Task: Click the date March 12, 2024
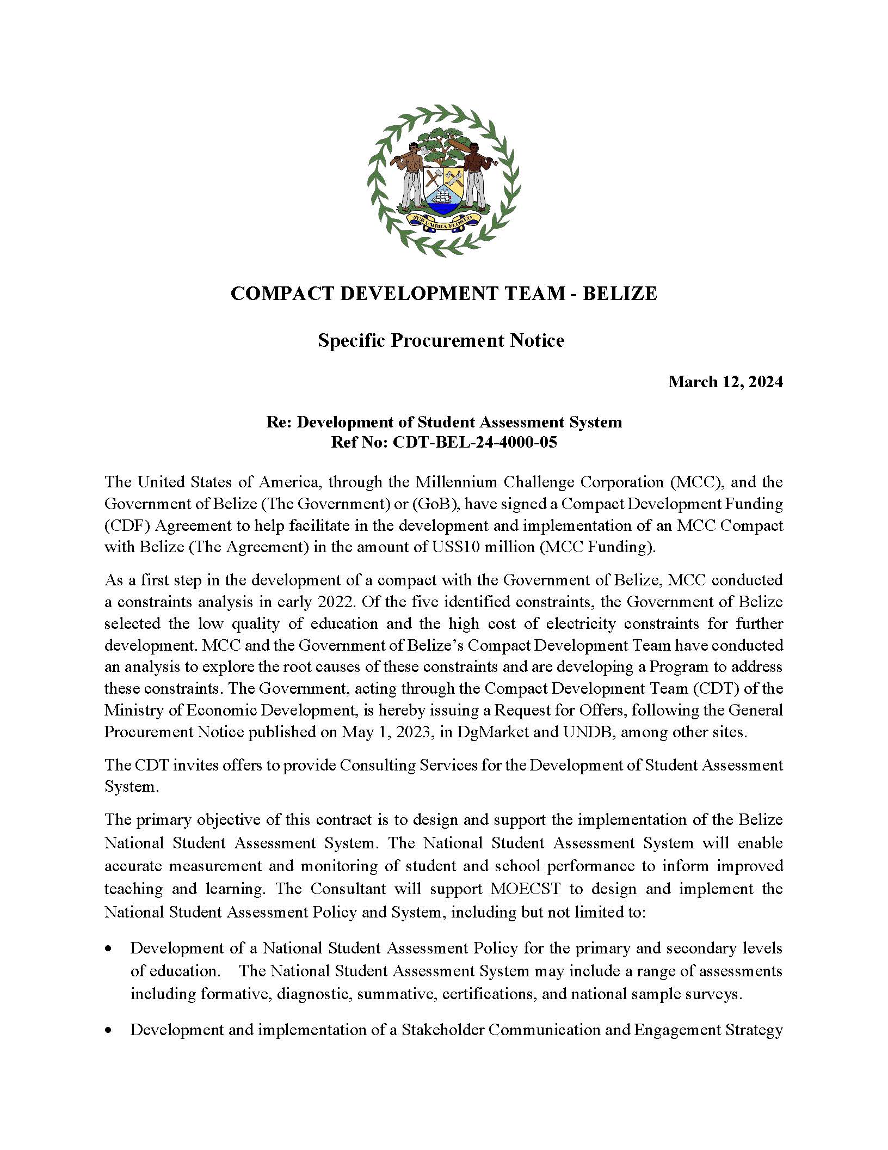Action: (725, 382)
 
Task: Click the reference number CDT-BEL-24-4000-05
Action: (474, 442)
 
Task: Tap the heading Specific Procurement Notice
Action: (441, 340)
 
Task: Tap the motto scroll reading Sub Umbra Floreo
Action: (444, 220)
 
